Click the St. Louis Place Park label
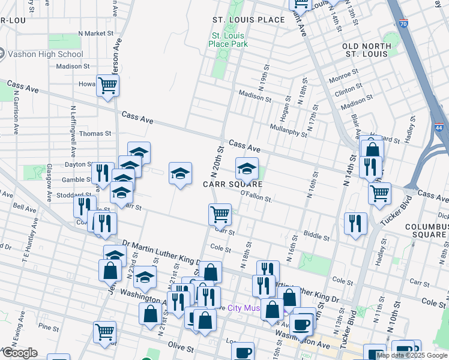(x=228, y=40)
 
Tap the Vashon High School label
(x=45, y=54)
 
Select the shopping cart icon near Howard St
(x=107, y=86)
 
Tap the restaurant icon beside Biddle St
(x=355, y=223)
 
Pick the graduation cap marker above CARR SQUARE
(x=246, y=170)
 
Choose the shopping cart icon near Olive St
(x=104, y=331)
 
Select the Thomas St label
(x=95, y=134)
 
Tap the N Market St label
(x=92, y=34)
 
